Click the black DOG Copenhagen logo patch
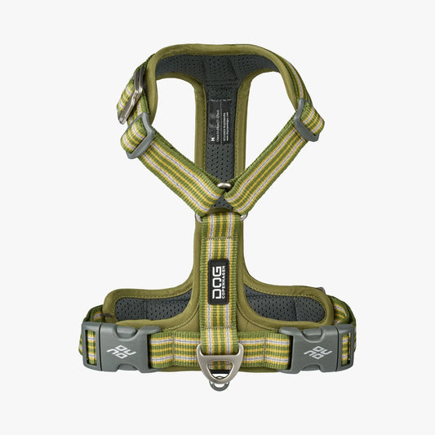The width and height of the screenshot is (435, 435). [217, 282]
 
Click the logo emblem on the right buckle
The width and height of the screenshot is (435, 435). [313, 353]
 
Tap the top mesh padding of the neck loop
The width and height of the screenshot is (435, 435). [217, 66]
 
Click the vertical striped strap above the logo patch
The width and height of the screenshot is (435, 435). [217, 237]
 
